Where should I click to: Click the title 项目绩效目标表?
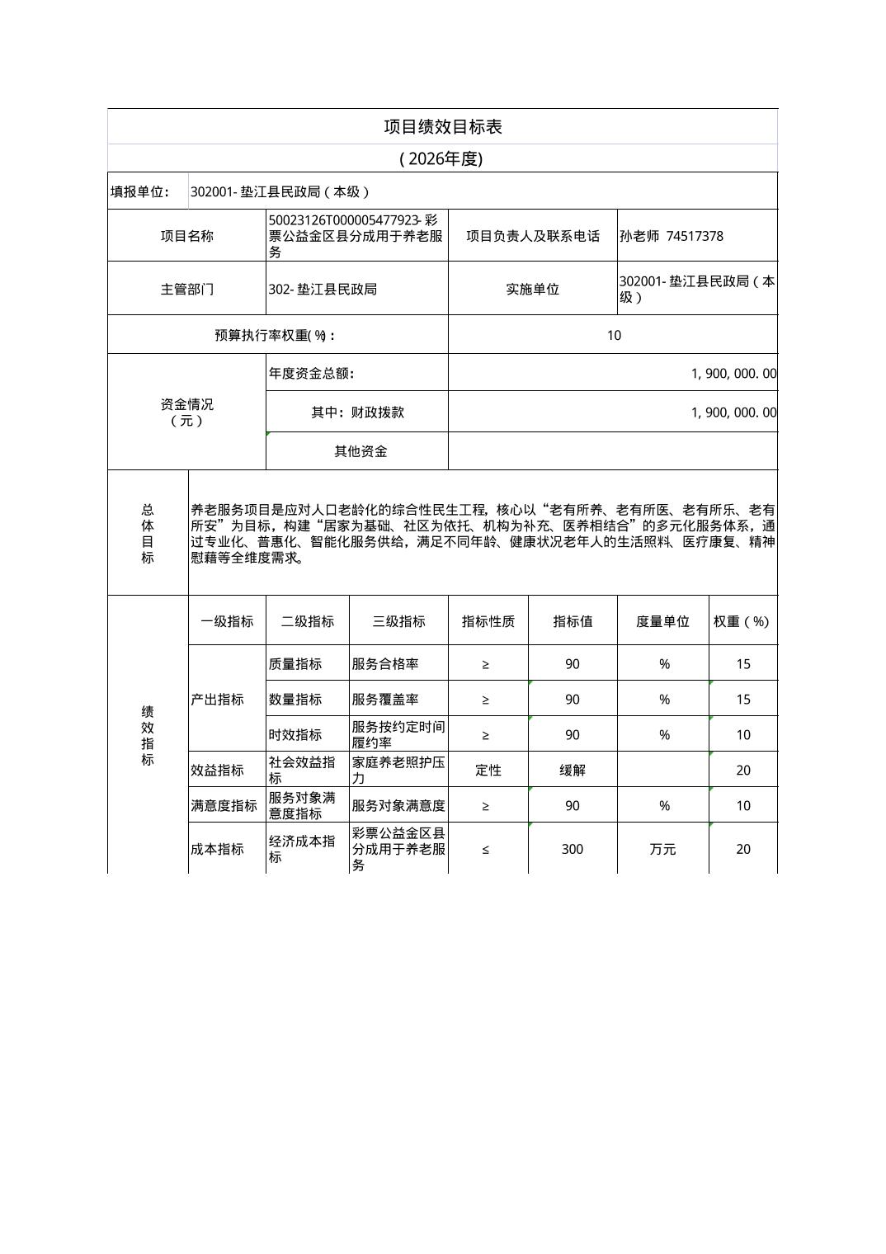click(442, 126)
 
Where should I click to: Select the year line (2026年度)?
click(441, 158)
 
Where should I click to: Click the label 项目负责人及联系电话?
click(533, 236)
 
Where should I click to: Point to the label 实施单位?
click(533, 289)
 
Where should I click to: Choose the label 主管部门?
click(186, 289)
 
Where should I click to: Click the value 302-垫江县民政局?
click(323, 289)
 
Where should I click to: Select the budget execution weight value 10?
click(614, 335)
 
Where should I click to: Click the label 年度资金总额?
click(311, 373)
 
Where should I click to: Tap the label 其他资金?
click(361, 451)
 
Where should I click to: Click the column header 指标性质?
click(488, 621)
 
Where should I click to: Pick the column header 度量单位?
click(662, 621)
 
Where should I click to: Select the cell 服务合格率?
click(385, 663)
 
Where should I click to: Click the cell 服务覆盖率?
click(385, 699)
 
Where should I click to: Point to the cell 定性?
click(488, 770)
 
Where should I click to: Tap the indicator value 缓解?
click(573, 770)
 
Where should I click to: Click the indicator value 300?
click(573, 849)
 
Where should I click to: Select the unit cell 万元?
click(662, 849)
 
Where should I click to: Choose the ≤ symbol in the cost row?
click(486, 849)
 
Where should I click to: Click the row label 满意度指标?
click(224, 805)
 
